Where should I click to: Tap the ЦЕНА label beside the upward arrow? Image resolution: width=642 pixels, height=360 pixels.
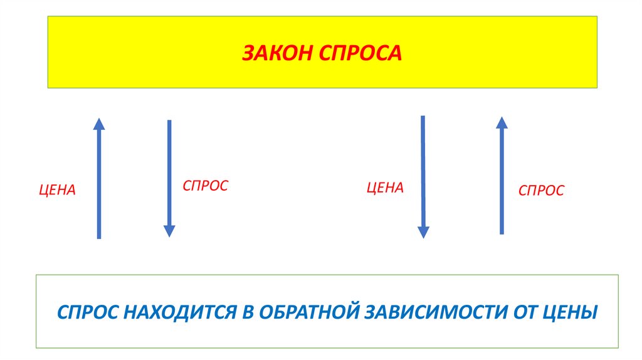click(57, 190)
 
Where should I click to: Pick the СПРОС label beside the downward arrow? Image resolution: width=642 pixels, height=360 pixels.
click(205, 186)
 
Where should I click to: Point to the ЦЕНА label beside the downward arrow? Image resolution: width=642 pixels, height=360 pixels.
click(385, 188)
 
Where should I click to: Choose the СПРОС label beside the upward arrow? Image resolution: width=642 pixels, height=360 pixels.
click(541, 190)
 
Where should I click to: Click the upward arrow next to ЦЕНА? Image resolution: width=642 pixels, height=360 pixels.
click(98, 182)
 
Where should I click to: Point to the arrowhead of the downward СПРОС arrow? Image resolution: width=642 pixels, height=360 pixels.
click(169, 231)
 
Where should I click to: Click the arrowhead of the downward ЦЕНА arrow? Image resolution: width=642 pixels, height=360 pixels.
click(423, 231)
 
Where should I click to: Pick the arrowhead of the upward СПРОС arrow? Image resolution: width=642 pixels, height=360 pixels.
click(502, 122)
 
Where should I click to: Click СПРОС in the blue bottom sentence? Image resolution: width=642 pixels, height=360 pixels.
click(86, 311)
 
